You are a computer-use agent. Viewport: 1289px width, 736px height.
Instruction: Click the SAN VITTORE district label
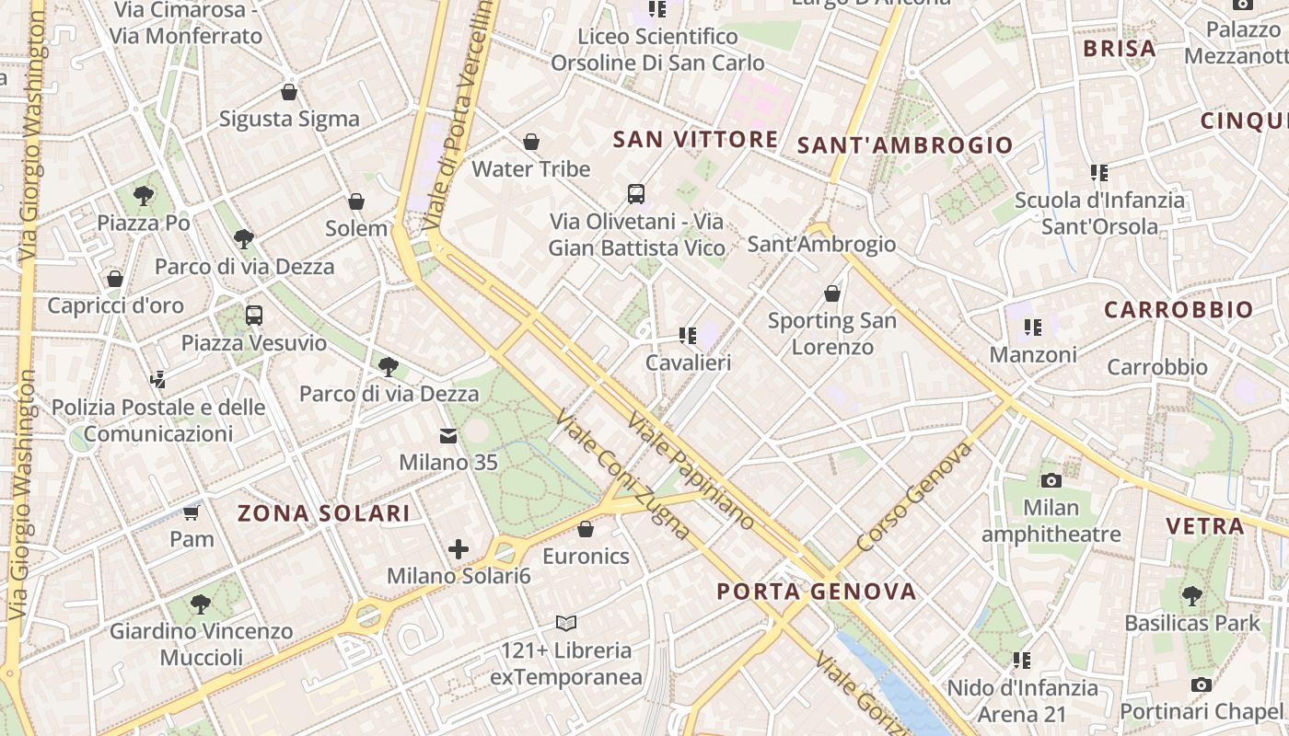tap(695, 140)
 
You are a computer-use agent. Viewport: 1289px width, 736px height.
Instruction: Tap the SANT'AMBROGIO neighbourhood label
tap(904, 144)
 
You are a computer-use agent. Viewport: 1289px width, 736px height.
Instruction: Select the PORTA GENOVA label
tap(816, 591)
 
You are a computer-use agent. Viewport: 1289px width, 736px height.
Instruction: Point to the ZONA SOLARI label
tap(324, 513)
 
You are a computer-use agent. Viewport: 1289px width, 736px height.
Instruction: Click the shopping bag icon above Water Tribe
tap(531, 142)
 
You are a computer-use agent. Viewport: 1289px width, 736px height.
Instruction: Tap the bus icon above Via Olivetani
tap(636, 193)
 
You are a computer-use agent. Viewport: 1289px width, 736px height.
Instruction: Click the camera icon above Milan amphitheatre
tap(1051, 480)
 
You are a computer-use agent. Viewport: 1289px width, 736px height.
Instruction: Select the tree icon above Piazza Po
tap(143, 195)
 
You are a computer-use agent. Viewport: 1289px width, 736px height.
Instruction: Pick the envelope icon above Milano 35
tap(447, 435)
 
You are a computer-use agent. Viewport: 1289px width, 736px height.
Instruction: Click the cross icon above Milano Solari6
tap(459, 549)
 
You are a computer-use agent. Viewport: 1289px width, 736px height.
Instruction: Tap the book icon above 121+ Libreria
tap(566, 623)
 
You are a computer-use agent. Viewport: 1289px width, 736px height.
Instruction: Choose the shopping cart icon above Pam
tap(192, 512)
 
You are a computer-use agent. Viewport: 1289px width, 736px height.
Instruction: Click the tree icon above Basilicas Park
tap(1192, 595)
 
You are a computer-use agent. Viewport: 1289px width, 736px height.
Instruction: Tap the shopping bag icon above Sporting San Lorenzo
tap(832, 293)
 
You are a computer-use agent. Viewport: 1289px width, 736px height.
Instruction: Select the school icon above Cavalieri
tap(687, 335)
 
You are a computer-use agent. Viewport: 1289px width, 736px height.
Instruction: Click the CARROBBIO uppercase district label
tap(1179, 310)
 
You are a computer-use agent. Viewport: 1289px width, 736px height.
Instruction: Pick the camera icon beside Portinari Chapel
tap(1201, 684)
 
